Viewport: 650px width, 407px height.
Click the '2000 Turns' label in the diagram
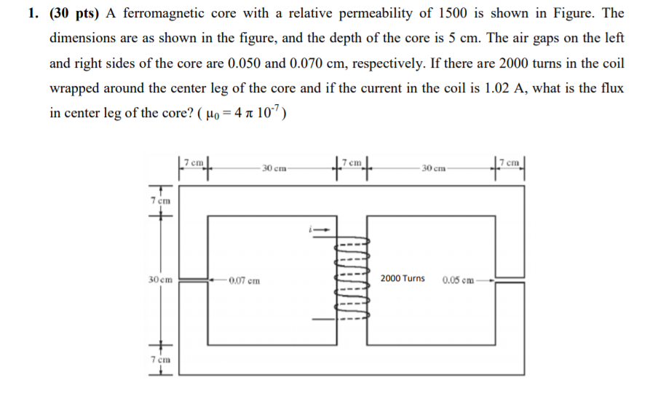click(x=403, y=279)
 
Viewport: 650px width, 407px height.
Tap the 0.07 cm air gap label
click(x=244, y=280)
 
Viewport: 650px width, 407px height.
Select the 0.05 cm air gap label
click(x=459, y=280)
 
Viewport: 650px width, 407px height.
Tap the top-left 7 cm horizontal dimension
click(x=194, y=160)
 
